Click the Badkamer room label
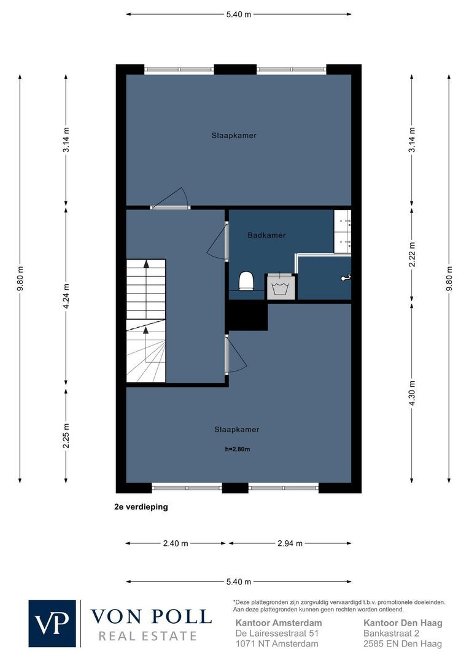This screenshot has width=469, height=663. tap(266, 235)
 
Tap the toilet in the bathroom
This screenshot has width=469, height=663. tap(246, 281)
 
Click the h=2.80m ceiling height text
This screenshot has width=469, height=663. tap(237, 449)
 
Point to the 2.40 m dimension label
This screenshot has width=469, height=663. tap(176, 543)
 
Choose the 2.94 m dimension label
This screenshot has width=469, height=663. tap(290, 543)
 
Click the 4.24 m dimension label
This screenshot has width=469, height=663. tap(66, 297)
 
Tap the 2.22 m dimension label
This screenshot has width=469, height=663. tap(412, 254)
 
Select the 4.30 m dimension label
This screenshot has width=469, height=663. tap(412, 393)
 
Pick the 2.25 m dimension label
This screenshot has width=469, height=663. tap(66, 436)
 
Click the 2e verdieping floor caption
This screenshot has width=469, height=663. tap(141, 506)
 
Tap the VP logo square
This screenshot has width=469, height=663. tap(52, 623)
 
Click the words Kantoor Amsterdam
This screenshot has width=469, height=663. tap(279, 623)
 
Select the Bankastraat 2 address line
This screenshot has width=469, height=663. tap(391, 634)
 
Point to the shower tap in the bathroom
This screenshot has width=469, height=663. tap(346, 277)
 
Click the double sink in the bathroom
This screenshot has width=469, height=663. tap(343, 231)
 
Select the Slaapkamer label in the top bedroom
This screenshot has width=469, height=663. tap(234, 136)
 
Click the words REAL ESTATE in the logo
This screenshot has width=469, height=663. tap(147, 636)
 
